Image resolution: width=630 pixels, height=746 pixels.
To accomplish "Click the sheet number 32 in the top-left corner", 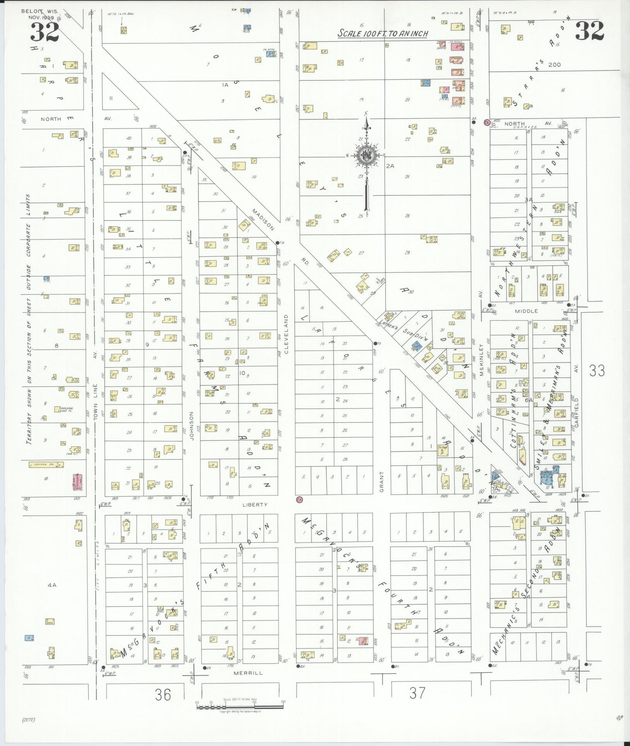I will [45, 32].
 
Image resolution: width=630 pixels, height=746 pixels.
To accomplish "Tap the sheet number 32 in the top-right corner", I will [589, 31].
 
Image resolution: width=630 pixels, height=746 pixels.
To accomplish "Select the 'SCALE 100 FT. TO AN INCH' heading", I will [383, 33].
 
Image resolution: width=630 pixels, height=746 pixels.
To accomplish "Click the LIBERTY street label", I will [255, 505].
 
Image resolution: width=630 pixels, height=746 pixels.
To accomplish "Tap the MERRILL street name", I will [248, 673].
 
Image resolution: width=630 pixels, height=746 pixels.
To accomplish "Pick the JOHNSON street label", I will [191, 426].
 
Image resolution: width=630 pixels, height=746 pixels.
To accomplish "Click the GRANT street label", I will [382, 482].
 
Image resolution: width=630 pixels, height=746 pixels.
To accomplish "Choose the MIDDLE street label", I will [526, 311].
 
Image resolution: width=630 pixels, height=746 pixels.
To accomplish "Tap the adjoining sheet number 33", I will [597, 371].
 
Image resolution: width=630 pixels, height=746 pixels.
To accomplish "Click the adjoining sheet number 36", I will [163, 695].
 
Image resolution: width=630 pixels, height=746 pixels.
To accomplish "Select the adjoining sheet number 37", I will [417, 693].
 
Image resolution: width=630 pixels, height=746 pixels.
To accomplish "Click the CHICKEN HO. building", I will [46, 465].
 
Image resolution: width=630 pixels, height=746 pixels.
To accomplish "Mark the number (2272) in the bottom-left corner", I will [29, 720].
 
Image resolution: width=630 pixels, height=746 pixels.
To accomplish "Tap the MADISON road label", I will [263, 220].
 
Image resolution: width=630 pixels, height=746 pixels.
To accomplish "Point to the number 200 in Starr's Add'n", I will [554, 65].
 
